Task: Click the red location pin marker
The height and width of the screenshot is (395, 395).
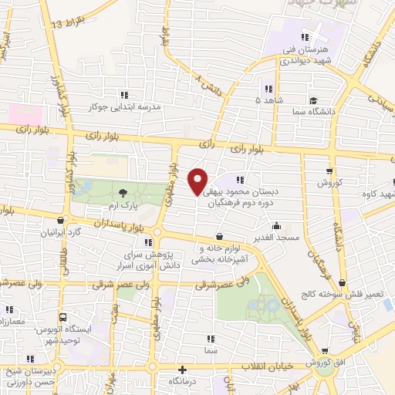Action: point(197,181)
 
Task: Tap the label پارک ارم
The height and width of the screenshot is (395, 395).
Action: point(123,208)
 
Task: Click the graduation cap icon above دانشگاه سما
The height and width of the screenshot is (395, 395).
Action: point(313,100)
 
